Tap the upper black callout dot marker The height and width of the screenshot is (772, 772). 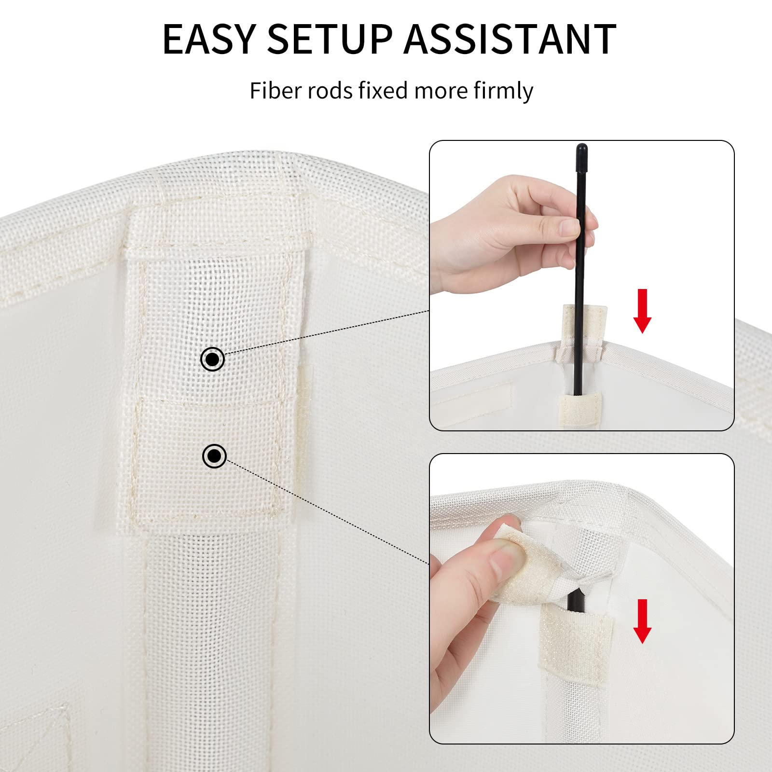(x=212, y=359)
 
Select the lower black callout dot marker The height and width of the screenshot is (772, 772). (x=214, y=455)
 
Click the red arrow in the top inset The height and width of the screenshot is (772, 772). (x=642, y=311)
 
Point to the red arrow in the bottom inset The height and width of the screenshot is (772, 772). (x=642, y=621)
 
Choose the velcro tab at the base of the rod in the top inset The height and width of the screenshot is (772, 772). (x=580, y=408)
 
